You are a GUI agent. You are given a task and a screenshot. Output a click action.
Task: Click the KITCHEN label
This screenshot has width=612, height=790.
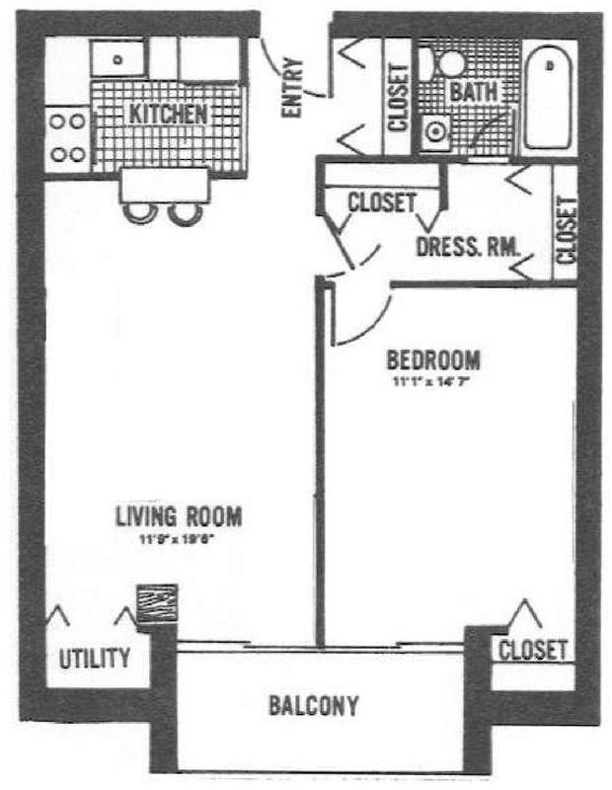point(169,114)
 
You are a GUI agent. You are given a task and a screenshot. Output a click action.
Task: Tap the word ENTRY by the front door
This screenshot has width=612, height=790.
point(292,89)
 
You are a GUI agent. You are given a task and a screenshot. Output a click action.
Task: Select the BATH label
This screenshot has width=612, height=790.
point(473,92)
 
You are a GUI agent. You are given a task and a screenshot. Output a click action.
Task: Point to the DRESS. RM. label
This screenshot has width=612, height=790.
point(468,248)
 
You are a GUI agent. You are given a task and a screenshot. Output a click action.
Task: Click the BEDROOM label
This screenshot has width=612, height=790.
point(433,358)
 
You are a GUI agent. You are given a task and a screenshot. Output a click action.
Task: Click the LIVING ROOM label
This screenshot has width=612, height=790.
point(179,515)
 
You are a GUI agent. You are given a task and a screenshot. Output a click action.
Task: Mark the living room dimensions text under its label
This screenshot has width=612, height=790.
point(179,538)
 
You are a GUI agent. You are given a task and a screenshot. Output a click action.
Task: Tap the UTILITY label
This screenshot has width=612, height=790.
point(95,658)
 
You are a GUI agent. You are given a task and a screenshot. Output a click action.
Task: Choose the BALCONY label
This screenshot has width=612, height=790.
point(314,706)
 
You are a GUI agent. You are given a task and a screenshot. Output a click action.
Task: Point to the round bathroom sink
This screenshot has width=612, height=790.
point(434,130)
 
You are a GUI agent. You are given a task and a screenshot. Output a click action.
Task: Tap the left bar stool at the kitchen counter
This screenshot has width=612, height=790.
point(140,210)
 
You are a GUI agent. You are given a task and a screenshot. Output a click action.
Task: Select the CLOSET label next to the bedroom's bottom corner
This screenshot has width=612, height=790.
point(533,650)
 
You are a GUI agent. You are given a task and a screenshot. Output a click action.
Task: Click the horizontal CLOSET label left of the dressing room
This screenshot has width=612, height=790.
point(381,202)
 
